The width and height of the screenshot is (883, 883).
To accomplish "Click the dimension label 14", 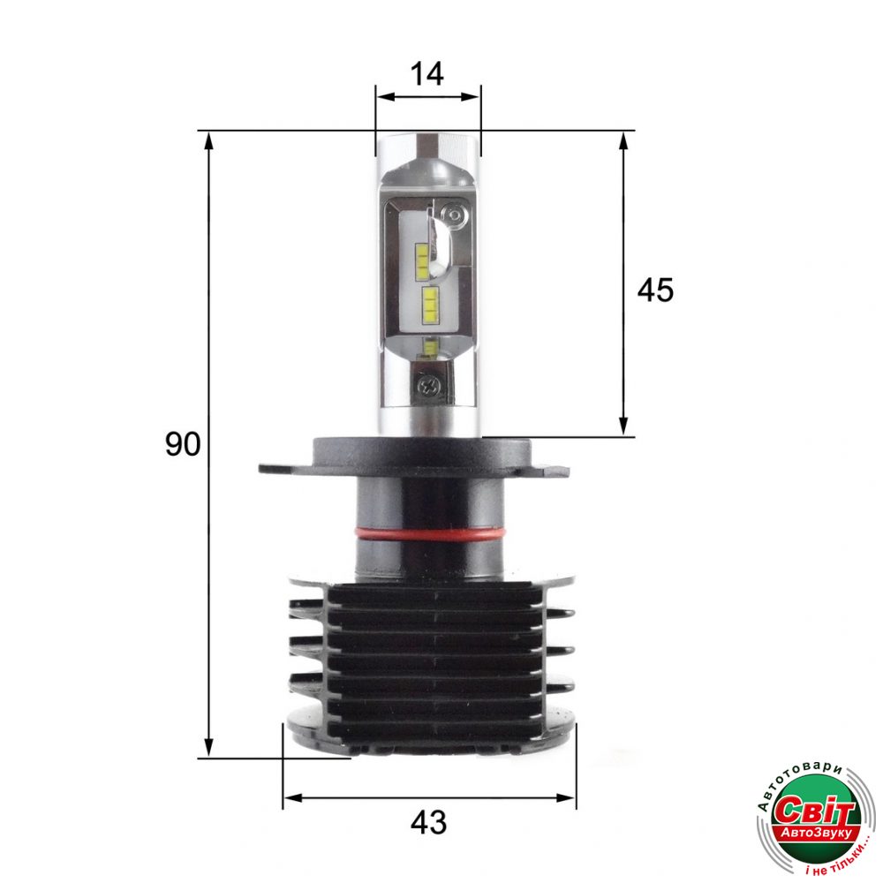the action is (x=426, y=74).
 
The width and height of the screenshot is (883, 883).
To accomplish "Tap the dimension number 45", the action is (x=655, y=291).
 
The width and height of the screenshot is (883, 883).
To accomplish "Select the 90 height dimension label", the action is (x=183, y=444).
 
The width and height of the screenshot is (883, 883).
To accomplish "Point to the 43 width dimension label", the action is (x=428, y=823).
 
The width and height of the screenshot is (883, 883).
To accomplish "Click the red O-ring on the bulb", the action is (x=430, y=532).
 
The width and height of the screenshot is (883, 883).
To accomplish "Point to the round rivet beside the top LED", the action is (x=452, y=214).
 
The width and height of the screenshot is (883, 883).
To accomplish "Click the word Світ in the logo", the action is (x=815, y=811).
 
